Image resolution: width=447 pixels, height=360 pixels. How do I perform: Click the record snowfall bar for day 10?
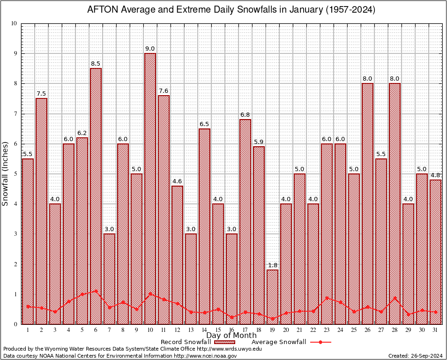[x=150, y=187]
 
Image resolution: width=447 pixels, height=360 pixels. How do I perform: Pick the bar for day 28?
[x=395, y=202]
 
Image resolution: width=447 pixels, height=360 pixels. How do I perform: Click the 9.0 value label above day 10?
[x=150, y=49]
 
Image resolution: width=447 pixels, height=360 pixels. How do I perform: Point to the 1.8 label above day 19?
[x=272, y=265]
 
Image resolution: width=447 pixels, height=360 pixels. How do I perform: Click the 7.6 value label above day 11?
[x=164, y=91]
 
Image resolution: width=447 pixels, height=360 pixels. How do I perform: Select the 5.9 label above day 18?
[x=259, y=142]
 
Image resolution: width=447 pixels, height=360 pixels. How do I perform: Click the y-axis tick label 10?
[x=14, y=23]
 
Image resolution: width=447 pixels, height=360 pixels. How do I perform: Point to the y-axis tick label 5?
[x=15, y=174]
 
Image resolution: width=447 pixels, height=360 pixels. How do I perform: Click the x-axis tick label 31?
[x=435, y=330]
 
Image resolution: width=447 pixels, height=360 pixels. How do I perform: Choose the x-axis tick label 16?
[x=231, y=330]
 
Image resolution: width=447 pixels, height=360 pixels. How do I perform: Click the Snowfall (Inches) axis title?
[x=5, y=173]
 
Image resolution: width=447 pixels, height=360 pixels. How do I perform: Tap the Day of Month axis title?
[x=231, y=336]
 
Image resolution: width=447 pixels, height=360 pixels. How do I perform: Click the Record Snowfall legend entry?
[x=188, y=342]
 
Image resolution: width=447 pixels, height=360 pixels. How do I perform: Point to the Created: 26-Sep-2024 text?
[x=416, y=356]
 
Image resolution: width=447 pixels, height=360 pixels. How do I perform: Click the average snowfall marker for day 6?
[x=96, y=291]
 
